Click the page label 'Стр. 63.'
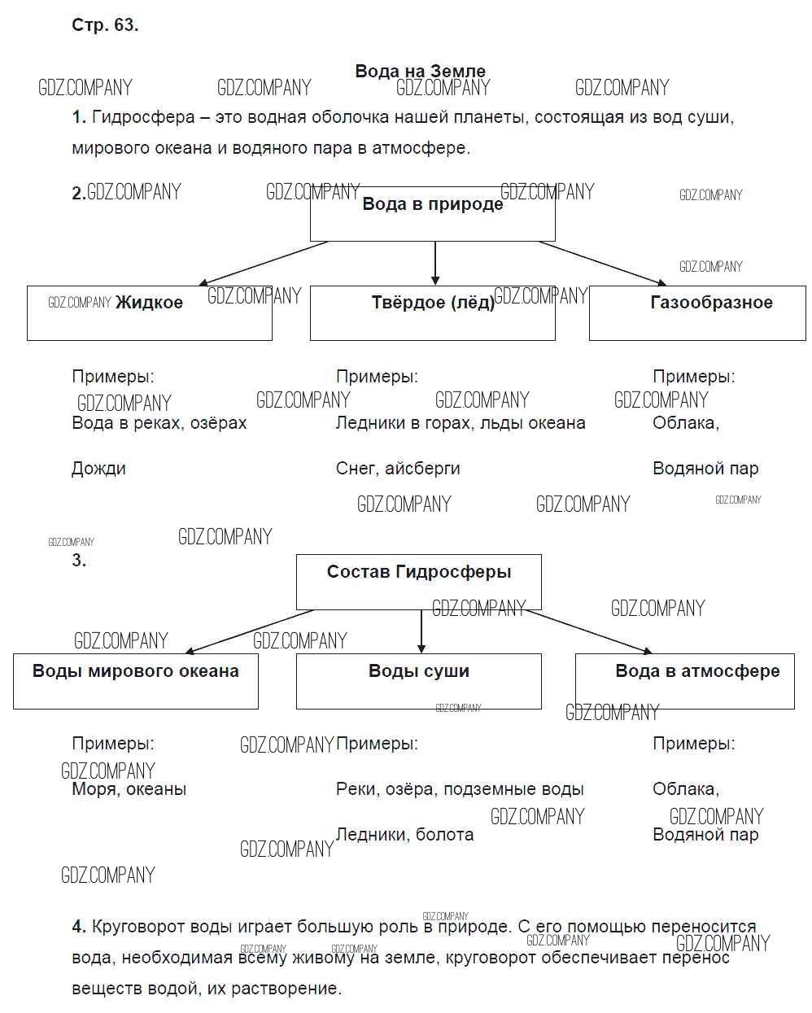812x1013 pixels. (x=105, y=25)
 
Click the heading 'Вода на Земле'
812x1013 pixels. (x=420, y=71)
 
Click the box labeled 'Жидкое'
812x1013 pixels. (x=149, y=312)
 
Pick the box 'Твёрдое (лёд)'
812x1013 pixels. (x=432, y=312)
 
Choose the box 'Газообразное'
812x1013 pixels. (x=697, y=312)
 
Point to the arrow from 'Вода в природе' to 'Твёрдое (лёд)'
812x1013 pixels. (x=435, y=263)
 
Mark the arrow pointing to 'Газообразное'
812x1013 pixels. (x=602, y=263)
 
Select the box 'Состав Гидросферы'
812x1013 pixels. (x=418, y=582)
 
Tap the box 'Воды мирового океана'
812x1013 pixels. (x=136, y=680)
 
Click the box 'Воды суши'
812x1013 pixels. (x=418, y=680)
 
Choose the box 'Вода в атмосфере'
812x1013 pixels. (x=684, y=680)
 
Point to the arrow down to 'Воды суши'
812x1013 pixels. (x=421, y=631)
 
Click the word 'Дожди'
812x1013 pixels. (x=98, y=469)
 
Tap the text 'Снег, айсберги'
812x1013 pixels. (x=398, y=469)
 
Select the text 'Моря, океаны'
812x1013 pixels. (x=129, y=789)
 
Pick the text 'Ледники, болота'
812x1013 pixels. (x=404, y=835)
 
